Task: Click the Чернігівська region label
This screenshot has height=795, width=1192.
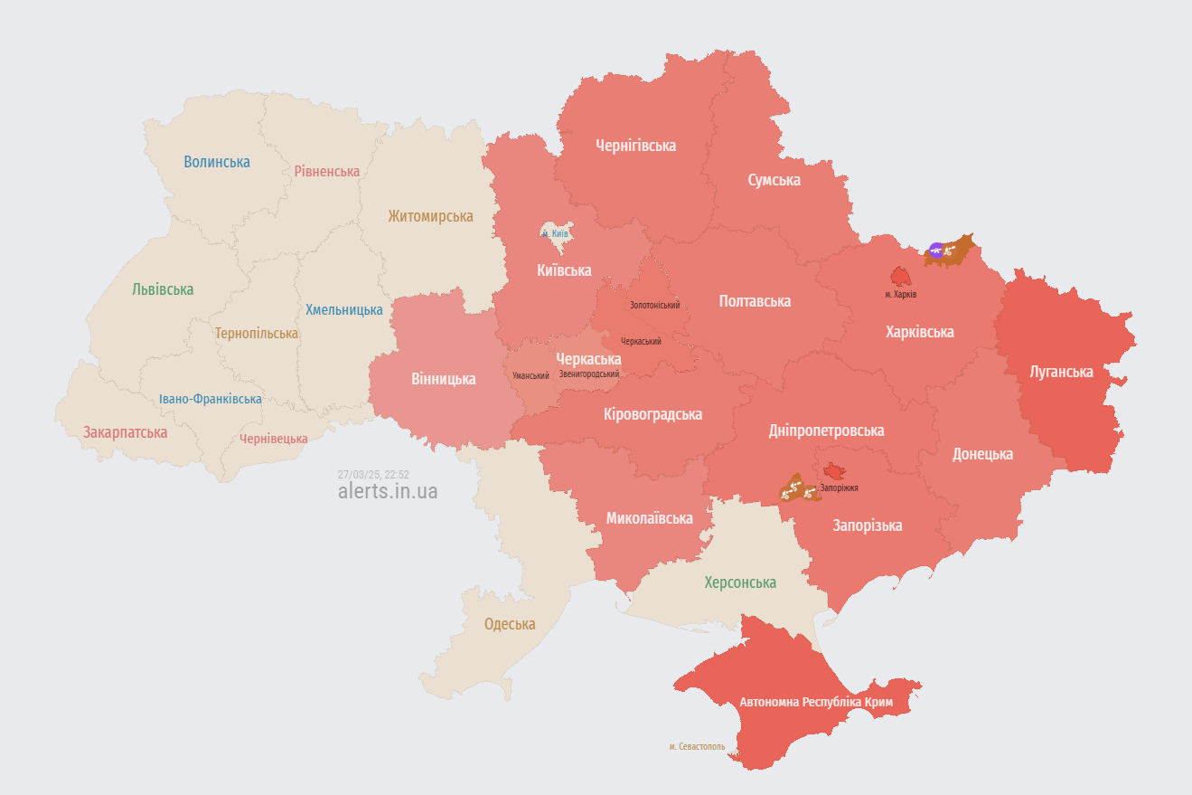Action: (x=635, y=146)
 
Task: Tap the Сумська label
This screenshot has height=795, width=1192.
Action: (x=774, y=180)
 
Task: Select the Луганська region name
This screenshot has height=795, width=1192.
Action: (x=1061, y=372)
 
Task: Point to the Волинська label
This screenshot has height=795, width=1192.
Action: (x=216, y=162)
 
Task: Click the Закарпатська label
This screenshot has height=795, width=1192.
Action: (x=126, y=432)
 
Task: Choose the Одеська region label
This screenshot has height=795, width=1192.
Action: (x=510, y=624)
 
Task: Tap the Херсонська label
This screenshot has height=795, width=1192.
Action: (x=740, y=582)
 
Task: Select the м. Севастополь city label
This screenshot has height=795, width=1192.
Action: (x=697, y=747)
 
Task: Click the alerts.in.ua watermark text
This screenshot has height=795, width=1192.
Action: (x=388, y=491)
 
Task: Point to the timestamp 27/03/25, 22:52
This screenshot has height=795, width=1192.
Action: (x=373, y=475)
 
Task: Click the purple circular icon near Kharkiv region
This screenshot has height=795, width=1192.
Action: (x=936, y=251)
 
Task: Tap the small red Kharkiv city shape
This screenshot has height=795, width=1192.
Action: (x=900, y=276)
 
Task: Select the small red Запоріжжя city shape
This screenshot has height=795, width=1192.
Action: (x=833, y=472)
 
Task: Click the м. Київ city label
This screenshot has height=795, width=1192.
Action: (x=555, y=233)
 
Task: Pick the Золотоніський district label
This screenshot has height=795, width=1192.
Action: (x=654, y=306)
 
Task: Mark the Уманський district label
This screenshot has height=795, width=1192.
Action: (x=530, y=375)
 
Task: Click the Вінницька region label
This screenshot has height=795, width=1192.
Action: (x=443, y=379)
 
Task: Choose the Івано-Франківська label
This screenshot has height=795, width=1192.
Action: (x=211, y=399)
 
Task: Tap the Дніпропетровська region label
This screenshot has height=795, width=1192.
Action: (x=826, y=431)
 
